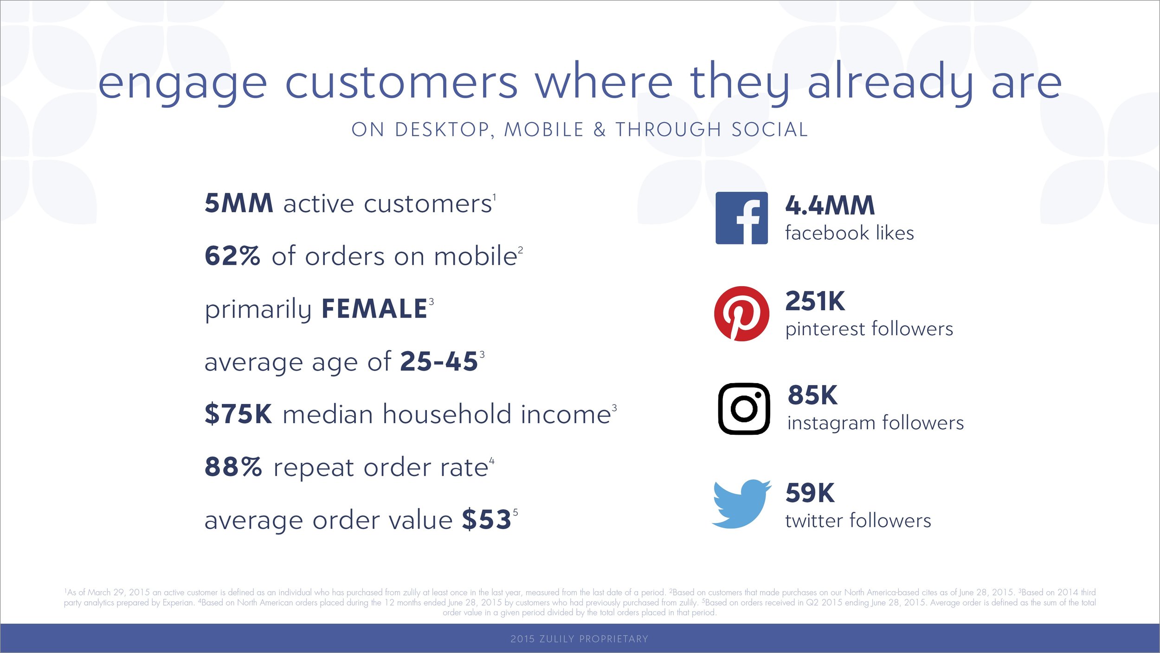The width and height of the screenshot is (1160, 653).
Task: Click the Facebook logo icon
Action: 741,218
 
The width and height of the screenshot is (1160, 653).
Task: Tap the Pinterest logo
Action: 741,313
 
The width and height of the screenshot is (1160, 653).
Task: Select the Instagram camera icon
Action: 744,409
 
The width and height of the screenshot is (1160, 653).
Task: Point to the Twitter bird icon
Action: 741,504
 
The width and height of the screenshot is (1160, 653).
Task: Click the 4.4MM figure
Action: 830,205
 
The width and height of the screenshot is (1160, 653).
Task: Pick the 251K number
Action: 815,301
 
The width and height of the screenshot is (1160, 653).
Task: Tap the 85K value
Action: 812,395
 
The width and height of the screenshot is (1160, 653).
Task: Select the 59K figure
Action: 810,493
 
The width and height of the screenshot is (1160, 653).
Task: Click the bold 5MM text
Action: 239,203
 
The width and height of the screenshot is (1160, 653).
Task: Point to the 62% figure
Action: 232,256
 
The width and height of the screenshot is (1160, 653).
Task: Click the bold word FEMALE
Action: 374,309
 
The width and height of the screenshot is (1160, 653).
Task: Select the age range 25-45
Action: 439,361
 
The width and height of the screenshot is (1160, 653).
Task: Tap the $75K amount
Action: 238,414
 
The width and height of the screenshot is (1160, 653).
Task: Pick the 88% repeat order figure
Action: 233,467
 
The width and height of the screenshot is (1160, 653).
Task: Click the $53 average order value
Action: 487,519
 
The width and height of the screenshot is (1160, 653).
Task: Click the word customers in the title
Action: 401,83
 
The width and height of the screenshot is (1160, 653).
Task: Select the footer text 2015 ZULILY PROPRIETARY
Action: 580,639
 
